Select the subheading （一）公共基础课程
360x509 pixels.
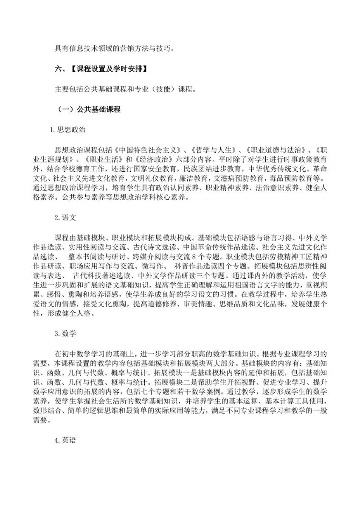click(x=89, y=109)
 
